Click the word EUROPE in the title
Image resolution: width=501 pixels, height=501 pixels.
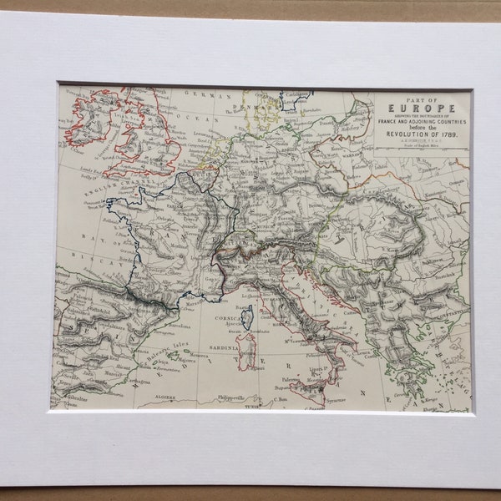coord(422,108)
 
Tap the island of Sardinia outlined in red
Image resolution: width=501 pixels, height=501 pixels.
coord(245,351)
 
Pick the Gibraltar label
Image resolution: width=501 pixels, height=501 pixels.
coord(69,401)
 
